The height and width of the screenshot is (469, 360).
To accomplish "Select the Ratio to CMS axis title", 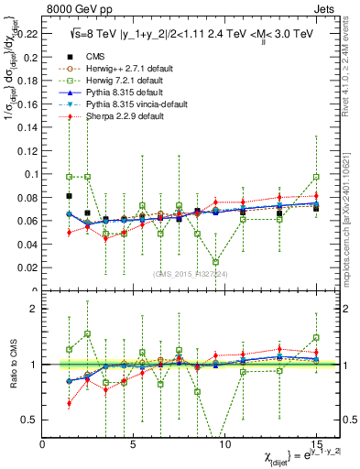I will [12, 366].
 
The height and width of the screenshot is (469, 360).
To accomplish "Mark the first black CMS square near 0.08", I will [70, 196].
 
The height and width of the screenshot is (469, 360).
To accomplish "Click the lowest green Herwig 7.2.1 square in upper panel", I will [216, 262].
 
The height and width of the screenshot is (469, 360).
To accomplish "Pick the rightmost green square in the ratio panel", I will [316, 337].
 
